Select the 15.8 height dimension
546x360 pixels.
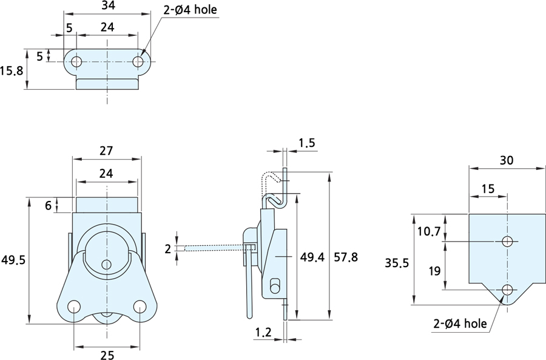tap(12, 70)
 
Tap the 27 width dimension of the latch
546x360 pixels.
tap(106, 151)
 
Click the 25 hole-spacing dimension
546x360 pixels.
tap(106, 355)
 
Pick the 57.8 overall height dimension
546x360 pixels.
tap(346, 257)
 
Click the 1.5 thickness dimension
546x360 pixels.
tap(307, 143)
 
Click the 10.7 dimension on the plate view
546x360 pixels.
tap(429, 231)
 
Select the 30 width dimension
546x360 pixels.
tap(507, 160)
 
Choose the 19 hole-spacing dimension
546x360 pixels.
tap(434, 271)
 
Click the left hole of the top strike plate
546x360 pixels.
tap(76, 61)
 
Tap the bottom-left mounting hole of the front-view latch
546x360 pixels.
tap(73, 307)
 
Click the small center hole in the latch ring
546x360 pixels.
tap(107, 264)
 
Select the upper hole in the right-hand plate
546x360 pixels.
tap(507, 241)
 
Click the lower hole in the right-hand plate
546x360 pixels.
tap(507, 290)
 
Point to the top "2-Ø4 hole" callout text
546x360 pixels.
tap(190, 10)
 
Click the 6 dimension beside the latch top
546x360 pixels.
tap(48, 205)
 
